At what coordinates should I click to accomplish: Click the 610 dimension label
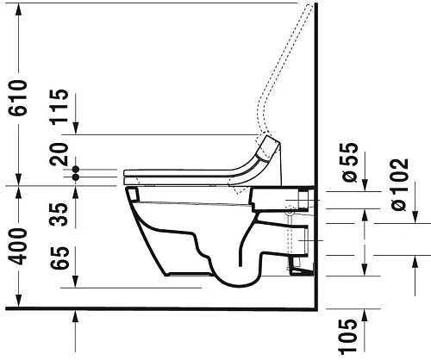18,96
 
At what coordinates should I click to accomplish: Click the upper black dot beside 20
77,168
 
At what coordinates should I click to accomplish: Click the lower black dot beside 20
77,177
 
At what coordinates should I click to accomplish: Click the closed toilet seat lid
190,171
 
